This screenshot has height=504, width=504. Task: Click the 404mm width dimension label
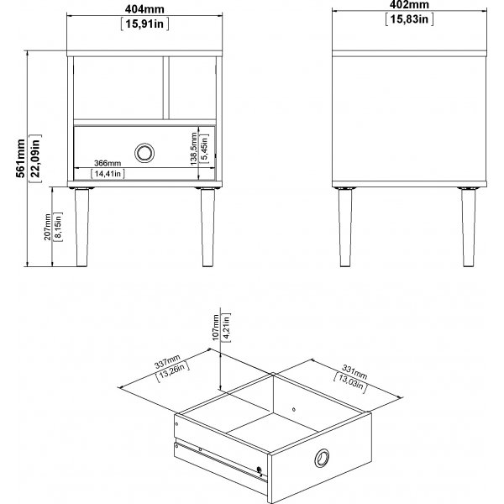[x=144, y=9]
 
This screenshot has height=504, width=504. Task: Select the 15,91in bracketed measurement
[x=144, y=24]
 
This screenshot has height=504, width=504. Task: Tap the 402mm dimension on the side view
[x=409, y=4]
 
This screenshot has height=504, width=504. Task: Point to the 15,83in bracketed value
[x=409, y=19]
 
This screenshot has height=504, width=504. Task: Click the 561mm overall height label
[x=20, y=158]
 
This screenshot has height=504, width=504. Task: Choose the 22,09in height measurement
[x=35, y=159]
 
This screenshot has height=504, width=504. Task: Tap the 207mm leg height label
[x=47, y=227]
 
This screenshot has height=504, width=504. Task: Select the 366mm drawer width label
[x=108, y=163]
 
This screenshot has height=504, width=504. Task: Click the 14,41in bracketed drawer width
[x=108, y=174]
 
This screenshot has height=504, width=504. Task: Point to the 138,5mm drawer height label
[x=193, y=149]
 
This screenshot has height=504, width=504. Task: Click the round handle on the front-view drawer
[x=144, y=153]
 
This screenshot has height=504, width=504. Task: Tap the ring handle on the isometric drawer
[x=322, y=458]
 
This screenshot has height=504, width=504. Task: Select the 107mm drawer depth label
[x=216, y=328]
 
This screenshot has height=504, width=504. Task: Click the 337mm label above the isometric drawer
[x=167, y=361]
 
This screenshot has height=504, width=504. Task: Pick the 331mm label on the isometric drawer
[x=354, y=371]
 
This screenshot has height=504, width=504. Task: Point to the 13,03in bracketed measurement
[x=349, y=382]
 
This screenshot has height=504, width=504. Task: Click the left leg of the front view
[x=81, y=228]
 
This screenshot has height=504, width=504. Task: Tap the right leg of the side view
[x=469, y=228]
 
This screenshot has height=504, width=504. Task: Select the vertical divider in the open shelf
[x=165, y=87]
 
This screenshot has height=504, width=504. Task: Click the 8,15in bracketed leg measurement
[x=58, y=227]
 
